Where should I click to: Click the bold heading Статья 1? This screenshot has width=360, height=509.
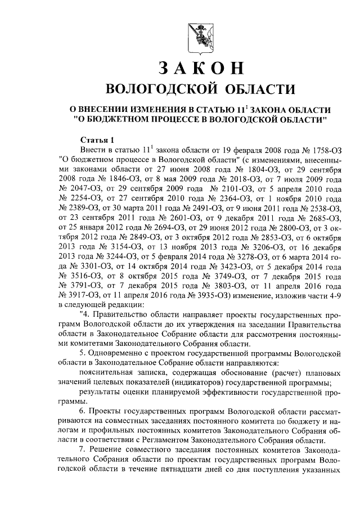tap(97, 139)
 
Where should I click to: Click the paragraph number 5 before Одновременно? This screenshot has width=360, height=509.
tap(82, 353)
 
